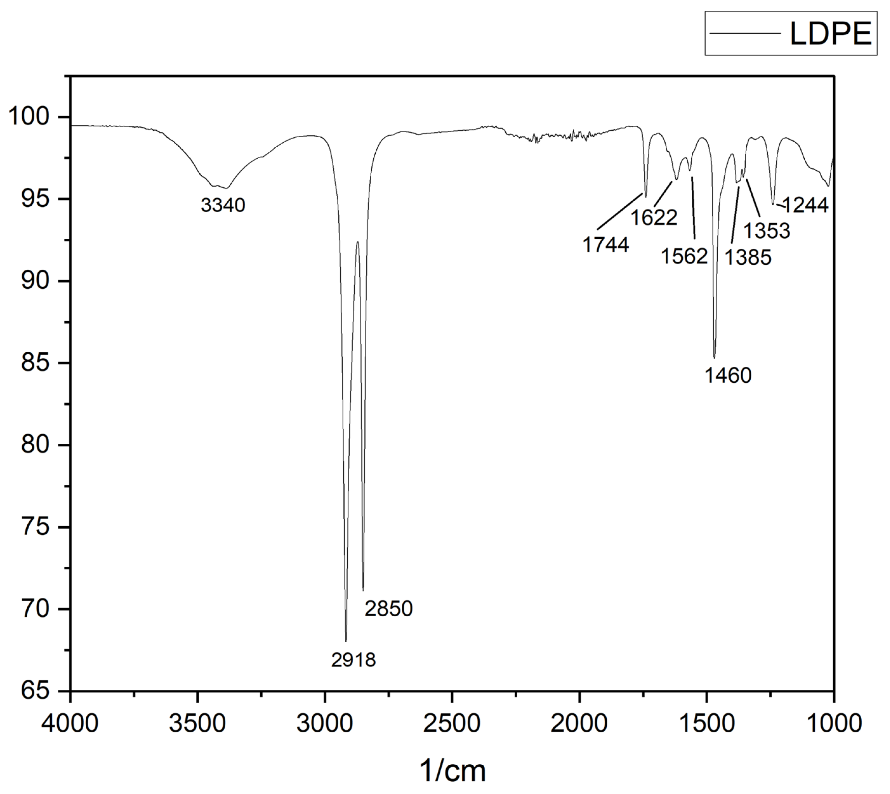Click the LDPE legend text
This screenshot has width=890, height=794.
pos(831,34)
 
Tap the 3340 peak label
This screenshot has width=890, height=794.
pos(223,205)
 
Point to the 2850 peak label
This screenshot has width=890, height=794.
pos(388,609)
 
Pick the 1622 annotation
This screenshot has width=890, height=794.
pos(654,217)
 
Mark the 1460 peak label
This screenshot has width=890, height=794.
pos(728,376)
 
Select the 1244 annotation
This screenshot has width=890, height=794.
pos(805,205)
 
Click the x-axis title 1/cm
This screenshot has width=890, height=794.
pos(452,770)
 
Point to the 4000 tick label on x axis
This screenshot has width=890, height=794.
pos(70,723)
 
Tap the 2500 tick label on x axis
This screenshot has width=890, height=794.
pos(452,723)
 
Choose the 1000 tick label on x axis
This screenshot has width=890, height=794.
pos(834,723)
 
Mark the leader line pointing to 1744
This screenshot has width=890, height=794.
pos(621,211)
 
